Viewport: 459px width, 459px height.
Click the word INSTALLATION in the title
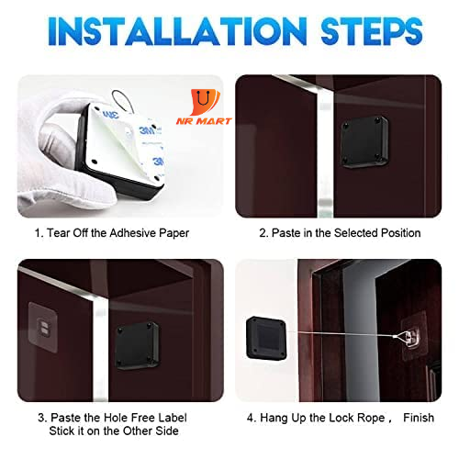click(177, 31)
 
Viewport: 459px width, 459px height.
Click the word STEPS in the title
click(372, 31)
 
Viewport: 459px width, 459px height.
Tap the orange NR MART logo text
click(204, 121)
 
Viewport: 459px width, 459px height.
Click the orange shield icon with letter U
click(205, 102)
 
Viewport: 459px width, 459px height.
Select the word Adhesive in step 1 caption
click(132, 233)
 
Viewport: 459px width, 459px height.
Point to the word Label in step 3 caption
click(173, 418)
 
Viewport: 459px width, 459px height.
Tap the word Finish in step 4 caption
click(419, 418)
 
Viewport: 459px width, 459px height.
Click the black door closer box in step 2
click(364, 142)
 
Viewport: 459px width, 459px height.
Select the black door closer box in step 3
click(138, 345)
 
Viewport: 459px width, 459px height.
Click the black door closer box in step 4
click(266, 338)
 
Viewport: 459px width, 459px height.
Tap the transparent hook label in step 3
click(43, 328)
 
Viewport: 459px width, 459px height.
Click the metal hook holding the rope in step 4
click(409, 337)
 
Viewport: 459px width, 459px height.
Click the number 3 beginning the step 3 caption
click(41, 418)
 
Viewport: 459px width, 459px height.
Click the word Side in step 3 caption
click(167, 431)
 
